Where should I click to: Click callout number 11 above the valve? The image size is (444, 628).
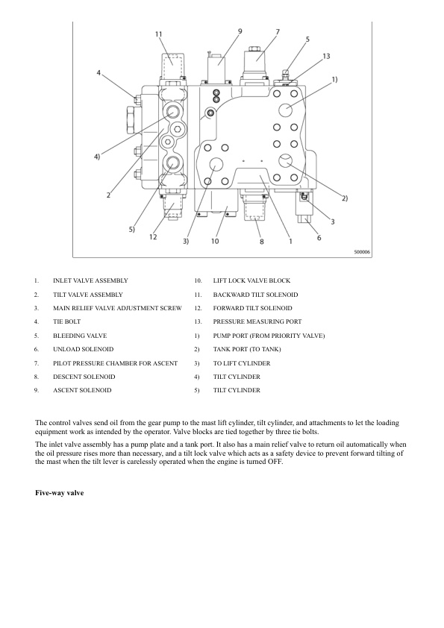pos(159,34)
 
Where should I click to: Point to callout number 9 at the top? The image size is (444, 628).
pos(240,31)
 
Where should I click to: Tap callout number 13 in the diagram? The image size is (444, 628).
pos(326,56)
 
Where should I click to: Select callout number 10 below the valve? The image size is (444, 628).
pos(215,241)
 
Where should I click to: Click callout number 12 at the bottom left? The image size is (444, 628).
pos(153,237)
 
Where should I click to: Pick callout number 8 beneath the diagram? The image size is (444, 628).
pos(262,242)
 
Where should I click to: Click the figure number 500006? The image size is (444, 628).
pos(362,252)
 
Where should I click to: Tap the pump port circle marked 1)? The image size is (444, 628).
pos(286,110)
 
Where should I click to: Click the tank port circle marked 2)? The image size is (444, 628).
pos(286,161)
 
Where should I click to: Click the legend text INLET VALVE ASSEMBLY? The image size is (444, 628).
pos(90,280)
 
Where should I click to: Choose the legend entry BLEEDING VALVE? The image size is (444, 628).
pos(80,336)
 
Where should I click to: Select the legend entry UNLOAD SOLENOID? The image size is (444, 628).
pos(84,349)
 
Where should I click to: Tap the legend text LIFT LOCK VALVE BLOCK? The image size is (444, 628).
pos(251,280)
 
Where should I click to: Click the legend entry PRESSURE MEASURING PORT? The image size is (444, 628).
pos(257,321)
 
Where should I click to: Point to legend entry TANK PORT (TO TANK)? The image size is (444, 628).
pos(247,349)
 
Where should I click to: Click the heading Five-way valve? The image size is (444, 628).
pos(59,493)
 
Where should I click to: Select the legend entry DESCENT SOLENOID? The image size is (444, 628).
pos(84,377)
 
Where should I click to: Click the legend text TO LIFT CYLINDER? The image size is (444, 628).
pos(242,364)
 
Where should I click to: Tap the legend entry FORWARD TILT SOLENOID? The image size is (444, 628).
pos(252,308)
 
